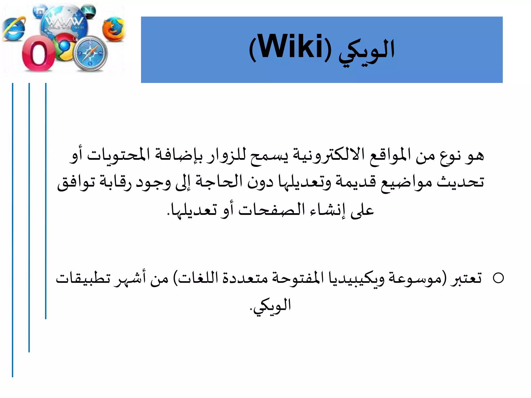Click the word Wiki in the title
pos(290,47)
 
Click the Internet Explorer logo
pos(14,29)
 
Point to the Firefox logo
pos(113,29)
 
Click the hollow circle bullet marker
pos(498,278)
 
